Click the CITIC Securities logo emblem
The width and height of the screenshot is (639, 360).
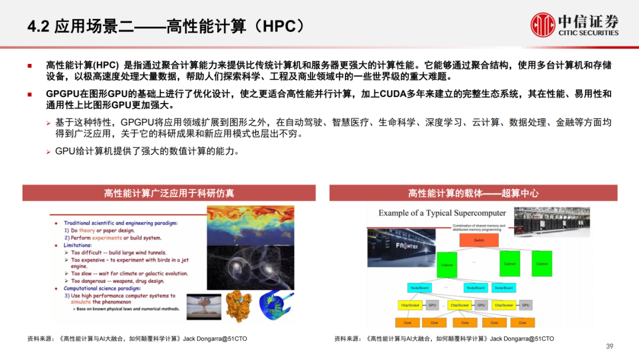pos(543,25)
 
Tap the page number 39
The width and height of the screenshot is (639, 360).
pos(610,346)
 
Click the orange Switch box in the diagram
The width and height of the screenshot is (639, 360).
pos(479,240)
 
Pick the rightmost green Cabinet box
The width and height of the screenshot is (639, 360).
pos(541,263)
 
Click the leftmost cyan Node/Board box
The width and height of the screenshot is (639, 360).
pos(420,288)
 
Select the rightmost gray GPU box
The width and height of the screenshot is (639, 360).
pos(525,305)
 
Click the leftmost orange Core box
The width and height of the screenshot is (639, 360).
pos(407,323)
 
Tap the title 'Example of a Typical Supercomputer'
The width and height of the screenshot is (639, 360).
pos(442,213)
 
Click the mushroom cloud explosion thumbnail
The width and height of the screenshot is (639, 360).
pos(204,306)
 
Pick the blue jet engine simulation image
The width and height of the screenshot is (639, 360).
pos(276,306)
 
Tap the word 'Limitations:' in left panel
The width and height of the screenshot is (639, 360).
pos(78,245)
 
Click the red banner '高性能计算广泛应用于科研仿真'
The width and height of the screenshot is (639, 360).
pos(169,193)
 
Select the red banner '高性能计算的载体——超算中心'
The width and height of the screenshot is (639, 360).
pos(473,193)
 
